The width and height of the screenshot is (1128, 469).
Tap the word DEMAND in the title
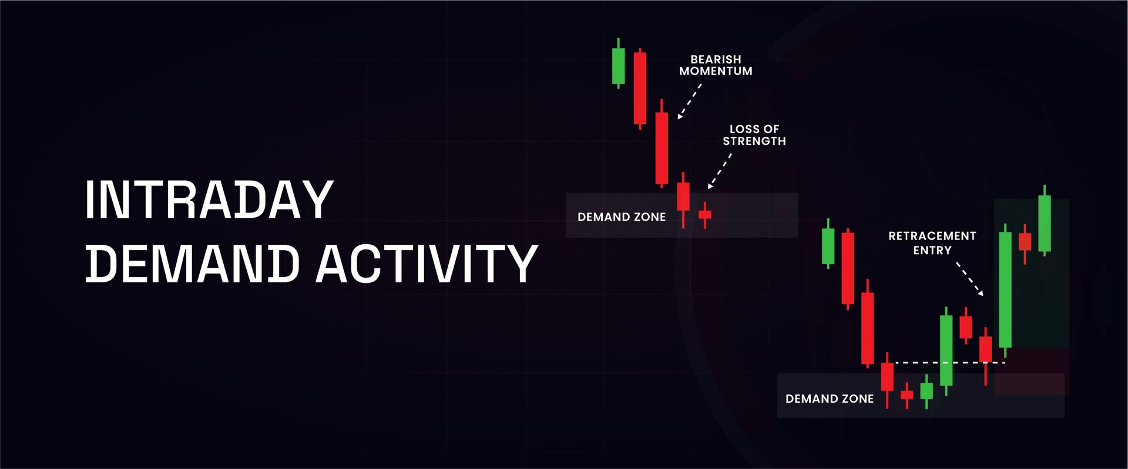pos(193,264)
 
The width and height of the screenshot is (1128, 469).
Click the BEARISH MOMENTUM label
pos(716,65)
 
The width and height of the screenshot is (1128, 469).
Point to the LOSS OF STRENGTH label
pos(754,135)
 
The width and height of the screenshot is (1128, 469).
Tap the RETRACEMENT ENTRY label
pos(932,242)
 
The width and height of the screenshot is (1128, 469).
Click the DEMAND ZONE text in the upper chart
pos(622,217)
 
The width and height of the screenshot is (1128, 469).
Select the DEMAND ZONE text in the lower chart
pos(829,399)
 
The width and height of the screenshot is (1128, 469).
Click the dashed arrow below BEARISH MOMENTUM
pos(689,102)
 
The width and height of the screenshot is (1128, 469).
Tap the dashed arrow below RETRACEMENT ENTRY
pos(969,279)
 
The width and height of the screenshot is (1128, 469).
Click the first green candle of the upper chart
pos(618,66)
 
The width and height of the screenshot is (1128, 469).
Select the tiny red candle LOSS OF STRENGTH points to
pos(704,214)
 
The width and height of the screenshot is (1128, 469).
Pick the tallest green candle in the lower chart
pos(1005,289)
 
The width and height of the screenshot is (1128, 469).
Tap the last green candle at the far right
pos(1044,223)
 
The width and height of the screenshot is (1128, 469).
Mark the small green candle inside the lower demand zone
pos(926,391)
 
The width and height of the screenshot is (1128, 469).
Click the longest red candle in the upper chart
pos(662,148)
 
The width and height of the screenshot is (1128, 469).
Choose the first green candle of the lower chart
pos(828,246)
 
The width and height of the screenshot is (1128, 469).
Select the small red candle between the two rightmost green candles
pos(1025,241)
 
